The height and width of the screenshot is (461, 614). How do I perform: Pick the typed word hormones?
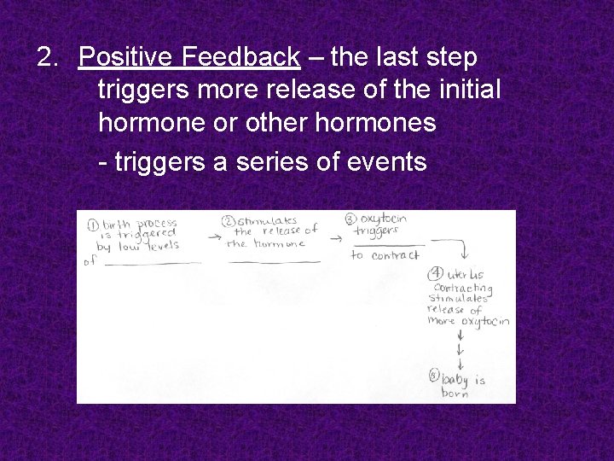coord(376,122)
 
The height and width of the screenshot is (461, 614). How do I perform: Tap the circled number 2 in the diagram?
coord(228,222)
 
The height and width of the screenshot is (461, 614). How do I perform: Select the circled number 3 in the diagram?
coord(350,219)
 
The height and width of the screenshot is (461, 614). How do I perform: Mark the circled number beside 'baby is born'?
coord(435,375)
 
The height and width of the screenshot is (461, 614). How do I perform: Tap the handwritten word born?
coord(455,394)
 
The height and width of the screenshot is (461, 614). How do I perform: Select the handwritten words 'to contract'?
coord(385,255)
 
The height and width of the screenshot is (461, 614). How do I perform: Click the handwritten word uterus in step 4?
coord(466,276)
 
